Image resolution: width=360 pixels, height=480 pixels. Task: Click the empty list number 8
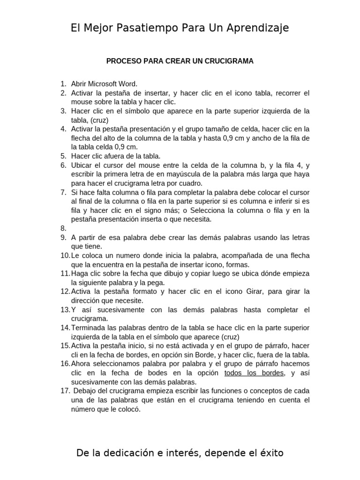coord(64,228)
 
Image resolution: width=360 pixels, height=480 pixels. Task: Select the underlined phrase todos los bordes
coord(254,373)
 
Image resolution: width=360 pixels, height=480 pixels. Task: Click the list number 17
coord(64,390)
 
